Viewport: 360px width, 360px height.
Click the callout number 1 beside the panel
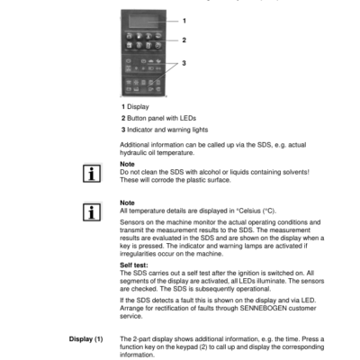[x=183, y=20]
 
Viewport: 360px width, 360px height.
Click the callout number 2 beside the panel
[x=183, y=40]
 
